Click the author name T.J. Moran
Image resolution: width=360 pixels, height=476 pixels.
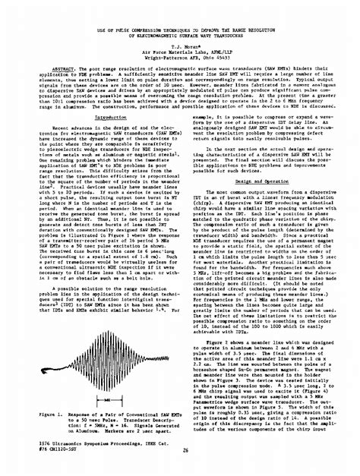pyautogui.click(x=180, y=35)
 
